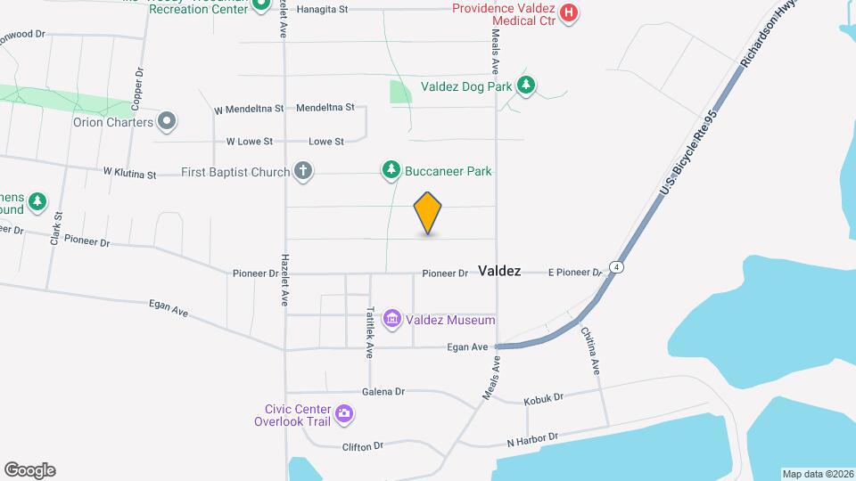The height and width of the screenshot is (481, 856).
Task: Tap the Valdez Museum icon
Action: click(x=391, y=319)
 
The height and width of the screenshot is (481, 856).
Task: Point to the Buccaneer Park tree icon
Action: click(x=391, y=170)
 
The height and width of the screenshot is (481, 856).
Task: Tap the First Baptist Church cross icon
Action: click(x=303, y=172)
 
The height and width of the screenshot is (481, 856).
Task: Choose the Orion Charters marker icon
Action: click(x=166, y=121)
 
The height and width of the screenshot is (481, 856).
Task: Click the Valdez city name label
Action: click(x=499, y=271)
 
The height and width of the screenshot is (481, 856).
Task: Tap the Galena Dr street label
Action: click(x=383, y=391)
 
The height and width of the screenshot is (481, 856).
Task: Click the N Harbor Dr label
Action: click(x=532, y=439)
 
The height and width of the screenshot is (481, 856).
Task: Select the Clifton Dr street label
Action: click(x=362, y=445)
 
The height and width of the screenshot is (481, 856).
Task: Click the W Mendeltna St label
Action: click(x=249, y=109)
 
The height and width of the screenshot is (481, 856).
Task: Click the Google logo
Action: click(x=29, y=469)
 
